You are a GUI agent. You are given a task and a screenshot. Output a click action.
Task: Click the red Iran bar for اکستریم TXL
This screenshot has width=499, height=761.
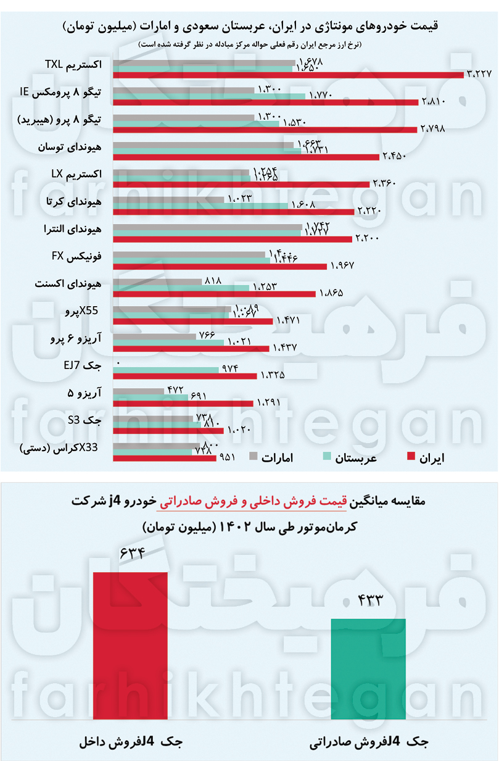click(288, 75)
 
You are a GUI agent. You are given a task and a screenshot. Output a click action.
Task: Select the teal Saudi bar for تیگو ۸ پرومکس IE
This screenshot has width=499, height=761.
click(209, 96)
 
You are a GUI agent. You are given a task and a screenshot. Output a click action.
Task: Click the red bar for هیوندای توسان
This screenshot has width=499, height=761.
click(246, 157)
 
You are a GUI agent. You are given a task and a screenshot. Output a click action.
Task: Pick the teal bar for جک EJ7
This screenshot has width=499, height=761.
click(166, 369)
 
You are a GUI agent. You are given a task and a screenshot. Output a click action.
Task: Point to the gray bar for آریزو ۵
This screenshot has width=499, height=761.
click(139, 390)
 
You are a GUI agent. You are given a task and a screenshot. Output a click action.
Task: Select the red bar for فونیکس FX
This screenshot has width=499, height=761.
click(220, 266)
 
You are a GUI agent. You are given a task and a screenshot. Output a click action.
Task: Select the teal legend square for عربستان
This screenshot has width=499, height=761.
click(328, 457)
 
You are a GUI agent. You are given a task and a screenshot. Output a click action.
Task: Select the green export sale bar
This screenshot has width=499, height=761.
click(368, 668)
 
